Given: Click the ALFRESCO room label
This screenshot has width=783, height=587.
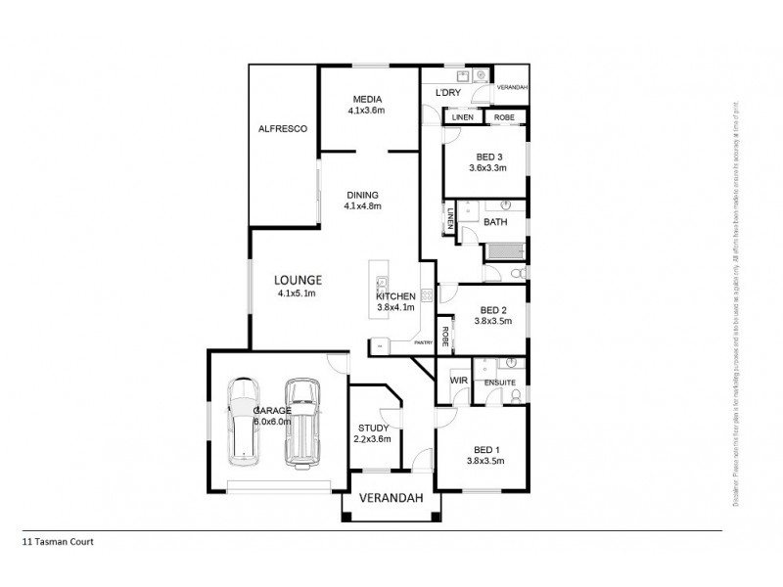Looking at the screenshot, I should click(x=283, y=128).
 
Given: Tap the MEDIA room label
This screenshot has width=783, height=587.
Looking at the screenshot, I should click(x=367, y=100).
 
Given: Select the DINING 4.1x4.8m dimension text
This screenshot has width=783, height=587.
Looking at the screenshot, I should click(x=362, y=206).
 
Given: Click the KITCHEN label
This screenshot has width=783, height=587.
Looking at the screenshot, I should click(x=396, y=296).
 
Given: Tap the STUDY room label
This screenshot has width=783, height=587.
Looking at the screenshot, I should click(x=373, y=428).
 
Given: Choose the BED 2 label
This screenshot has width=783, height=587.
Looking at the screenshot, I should click(x=490, y=309).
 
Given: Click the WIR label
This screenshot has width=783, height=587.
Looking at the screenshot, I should click(x=457, y=378).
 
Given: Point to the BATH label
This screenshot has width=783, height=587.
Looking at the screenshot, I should click(x=495, y=222).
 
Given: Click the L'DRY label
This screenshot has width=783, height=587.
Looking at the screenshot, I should click(x=447, y=93).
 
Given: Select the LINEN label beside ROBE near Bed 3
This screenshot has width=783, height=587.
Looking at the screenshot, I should click(x=463, y=117).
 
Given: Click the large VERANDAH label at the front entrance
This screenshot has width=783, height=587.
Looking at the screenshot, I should click(x=391, y=498).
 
